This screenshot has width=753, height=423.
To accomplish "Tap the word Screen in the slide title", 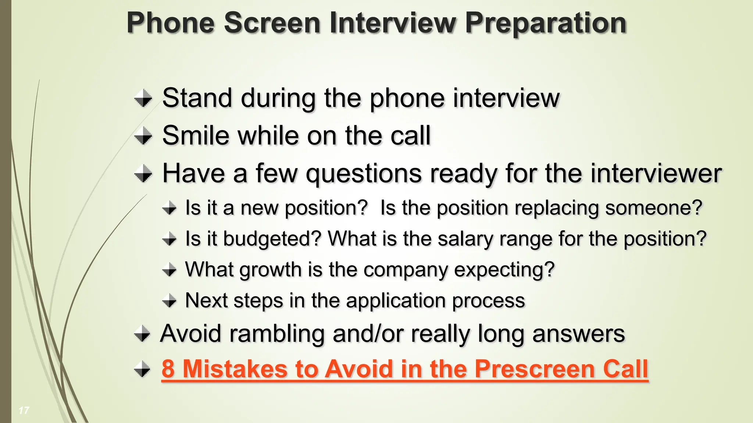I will [x=272, y=23].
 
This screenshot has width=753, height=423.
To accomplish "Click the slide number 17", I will [x=24, y=410].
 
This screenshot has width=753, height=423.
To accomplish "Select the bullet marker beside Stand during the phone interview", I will [x=143, y=98].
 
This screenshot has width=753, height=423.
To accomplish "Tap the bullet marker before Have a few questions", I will [x=143, y=173].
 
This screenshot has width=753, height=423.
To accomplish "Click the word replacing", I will [x=557, y=208].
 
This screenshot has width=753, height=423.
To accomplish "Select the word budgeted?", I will [x=272, y=239].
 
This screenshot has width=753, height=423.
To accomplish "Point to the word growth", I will [x=271, y=270].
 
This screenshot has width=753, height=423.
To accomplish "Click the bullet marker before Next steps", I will [x=169, y=301].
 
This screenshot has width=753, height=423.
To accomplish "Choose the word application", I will [x=396, y=301].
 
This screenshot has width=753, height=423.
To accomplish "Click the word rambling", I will [x=277, y=334].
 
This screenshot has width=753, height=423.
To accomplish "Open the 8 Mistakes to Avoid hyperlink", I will [x=404, y=369].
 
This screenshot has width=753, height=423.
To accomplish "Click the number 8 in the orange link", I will [x=168, y=369].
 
